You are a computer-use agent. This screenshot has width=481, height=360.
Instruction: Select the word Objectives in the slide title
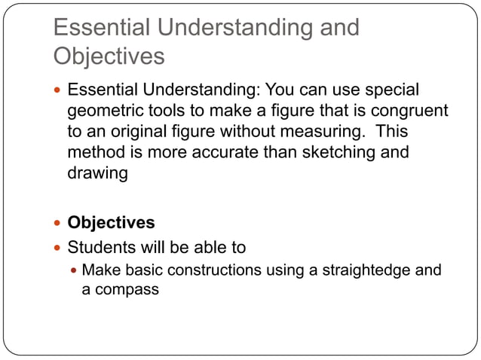click(x=109, y=56)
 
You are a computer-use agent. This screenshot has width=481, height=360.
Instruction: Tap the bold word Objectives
click(x=112, y=224)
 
